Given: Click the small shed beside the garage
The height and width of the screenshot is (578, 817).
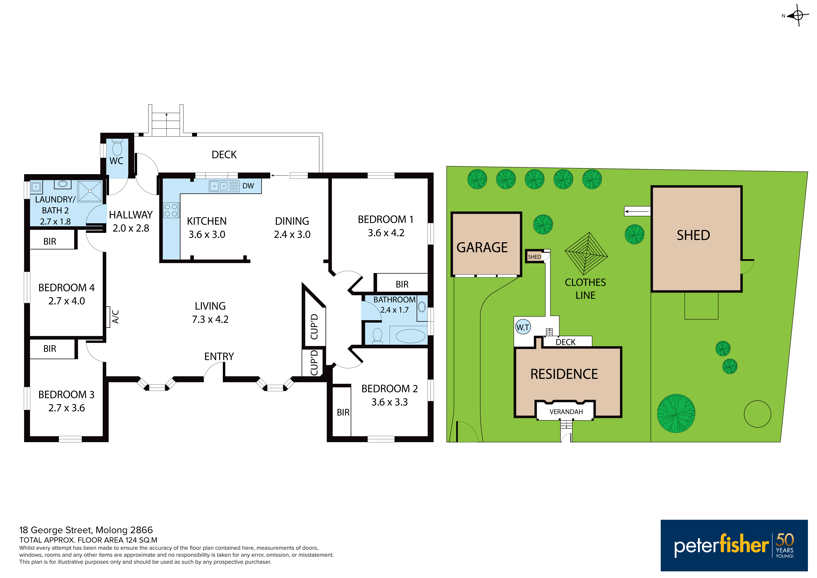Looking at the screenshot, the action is click(x=534, y=256).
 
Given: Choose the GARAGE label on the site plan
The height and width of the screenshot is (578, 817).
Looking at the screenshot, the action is click(x=482, y=247).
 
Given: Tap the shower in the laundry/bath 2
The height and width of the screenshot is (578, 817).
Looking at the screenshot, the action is click(x=90, y=191).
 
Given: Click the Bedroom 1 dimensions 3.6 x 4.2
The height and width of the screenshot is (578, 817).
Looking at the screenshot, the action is click(x=386, y=233).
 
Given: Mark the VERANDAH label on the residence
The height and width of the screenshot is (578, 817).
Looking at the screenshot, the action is click(x=566, y=412).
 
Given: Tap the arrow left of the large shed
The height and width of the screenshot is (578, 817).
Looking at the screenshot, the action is click(x=637, y=211).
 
